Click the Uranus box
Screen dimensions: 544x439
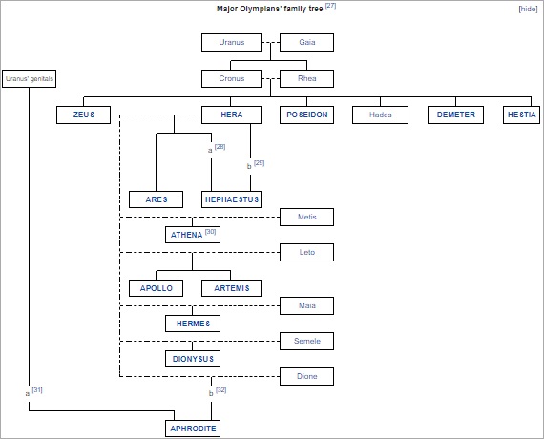[231, 42]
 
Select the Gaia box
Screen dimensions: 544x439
[306, 42]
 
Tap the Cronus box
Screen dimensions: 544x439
[231, 79]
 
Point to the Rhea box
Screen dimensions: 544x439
[306, 79]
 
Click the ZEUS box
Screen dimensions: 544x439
[84, 115]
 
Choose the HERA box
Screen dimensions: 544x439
[231, 115]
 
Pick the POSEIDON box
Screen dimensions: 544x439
[306, 115]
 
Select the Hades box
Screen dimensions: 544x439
[380, 115]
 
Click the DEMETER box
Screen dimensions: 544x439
[455, 115]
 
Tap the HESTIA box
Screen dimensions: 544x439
[521, 115]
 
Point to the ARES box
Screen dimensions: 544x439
[157, 199]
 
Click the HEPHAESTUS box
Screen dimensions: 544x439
[231, 199]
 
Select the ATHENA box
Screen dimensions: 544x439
[193, 235]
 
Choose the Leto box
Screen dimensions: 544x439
[306, 252]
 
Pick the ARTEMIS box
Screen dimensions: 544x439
[231, 288]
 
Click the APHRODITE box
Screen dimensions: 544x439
[193, 429]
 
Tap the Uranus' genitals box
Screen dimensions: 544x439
[30, 79]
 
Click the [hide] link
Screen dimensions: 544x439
[528, 9]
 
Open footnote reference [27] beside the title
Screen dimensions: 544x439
[330, 6]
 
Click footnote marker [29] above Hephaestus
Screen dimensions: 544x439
[260, 163]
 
